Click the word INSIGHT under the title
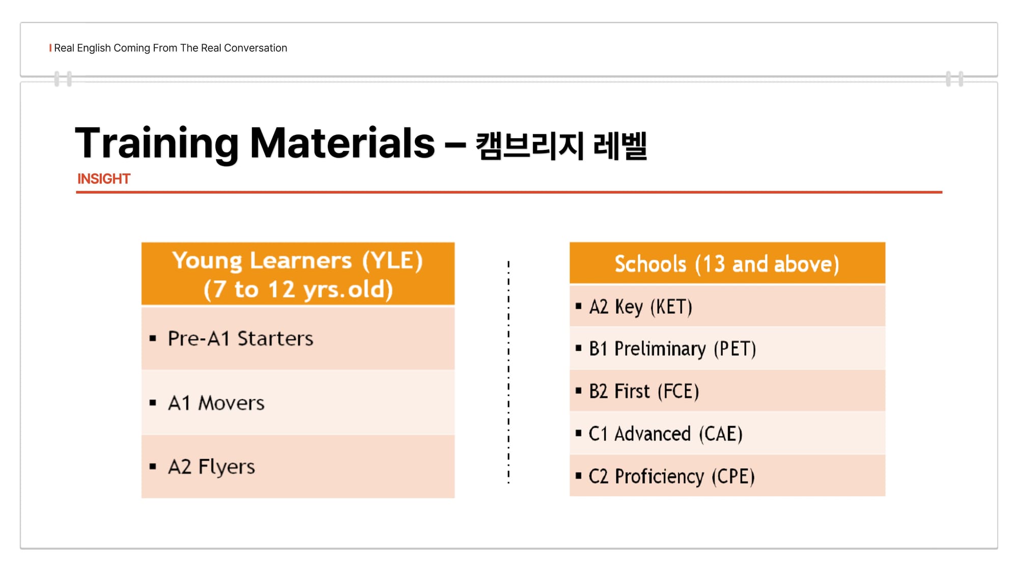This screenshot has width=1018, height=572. point(104,179)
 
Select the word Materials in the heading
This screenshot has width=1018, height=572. point(343,143)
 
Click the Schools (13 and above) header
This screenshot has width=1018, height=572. point(727,264)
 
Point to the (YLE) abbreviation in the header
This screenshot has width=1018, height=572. point(392,261)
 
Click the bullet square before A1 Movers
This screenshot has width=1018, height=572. point(153,403)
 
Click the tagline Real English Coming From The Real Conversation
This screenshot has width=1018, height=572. point(171,48)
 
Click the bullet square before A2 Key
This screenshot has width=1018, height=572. point(578,306)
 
